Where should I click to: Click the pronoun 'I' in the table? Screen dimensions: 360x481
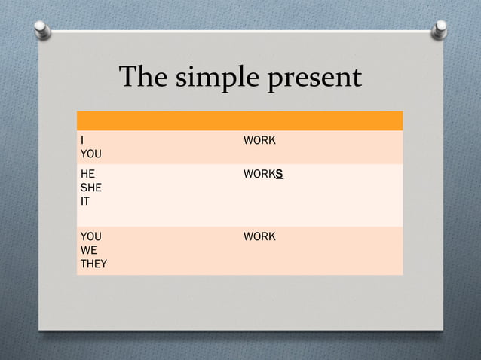coord(82,141)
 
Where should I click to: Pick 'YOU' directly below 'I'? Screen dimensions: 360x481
coord(91,154)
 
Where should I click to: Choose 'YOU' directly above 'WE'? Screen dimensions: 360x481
coord(91,237)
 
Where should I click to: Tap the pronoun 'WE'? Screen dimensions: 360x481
coord(88,251)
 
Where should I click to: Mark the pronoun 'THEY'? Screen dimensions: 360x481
coord(93,264)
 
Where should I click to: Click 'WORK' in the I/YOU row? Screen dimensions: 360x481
coord(259,141)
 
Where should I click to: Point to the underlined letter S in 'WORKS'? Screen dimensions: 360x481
coord(279,175)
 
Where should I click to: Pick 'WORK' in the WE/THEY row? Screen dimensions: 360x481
coord(259,237)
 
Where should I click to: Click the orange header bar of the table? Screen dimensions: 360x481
coord(240,121)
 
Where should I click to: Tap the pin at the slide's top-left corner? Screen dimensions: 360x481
coord(43,29)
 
